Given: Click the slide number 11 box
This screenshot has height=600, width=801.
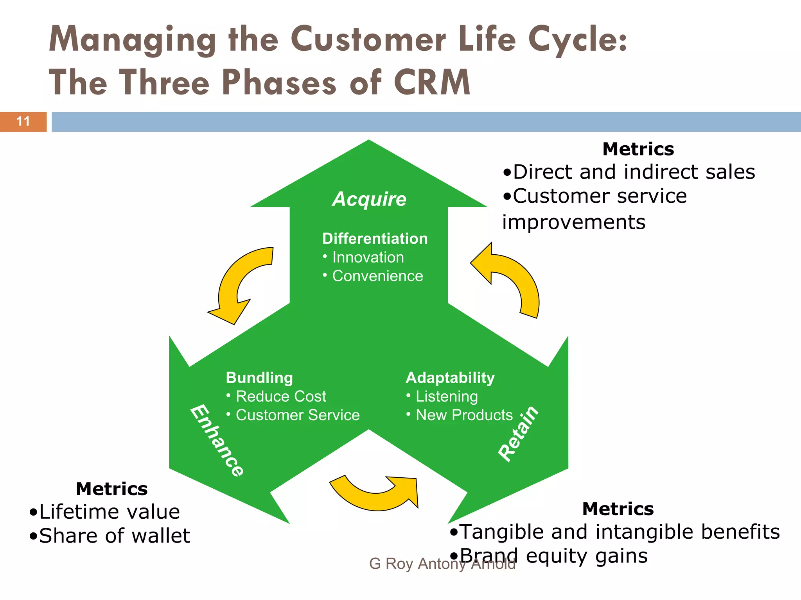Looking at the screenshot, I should coord(23,121).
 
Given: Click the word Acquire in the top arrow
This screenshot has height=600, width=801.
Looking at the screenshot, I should coord(369,199).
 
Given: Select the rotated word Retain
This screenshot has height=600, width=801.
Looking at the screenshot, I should coord(519,434).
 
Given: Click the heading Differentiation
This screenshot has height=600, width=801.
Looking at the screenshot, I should coord(375,239).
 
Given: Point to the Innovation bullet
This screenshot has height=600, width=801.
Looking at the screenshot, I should coord(368,257).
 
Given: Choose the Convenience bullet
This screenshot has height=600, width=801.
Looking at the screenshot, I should coord(377,276).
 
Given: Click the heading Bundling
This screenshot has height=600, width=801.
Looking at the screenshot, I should coord(259,378).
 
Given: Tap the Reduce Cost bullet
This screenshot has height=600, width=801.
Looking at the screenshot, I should coord(280,396).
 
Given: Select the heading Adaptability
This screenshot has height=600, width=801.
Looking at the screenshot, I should coord(450,378).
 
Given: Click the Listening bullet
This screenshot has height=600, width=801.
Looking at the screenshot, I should coord(446,396).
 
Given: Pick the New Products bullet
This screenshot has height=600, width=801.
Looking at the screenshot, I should coord(464,415).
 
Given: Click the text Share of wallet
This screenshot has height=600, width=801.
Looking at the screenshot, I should coord(114,536).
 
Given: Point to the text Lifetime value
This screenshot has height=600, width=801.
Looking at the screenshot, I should coord(110,512).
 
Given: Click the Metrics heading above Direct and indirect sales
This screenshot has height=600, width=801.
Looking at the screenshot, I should coord(638,149).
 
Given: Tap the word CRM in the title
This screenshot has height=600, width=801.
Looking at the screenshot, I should coord(431,82).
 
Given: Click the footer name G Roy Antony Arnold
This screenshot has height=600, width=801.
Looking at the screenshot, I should coord(442,564).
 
